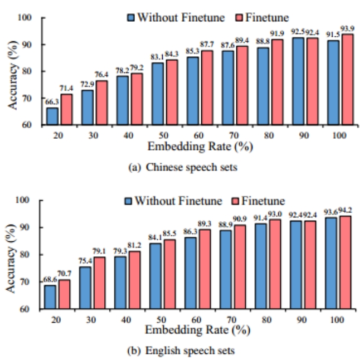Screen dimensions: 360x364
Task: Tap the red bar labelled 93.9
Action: click(347, 80)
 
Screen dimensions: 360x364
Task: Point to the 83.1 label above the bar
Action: click(157, 57)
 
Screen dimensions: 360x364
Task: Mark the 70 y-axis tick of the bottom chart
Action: click(32, 282)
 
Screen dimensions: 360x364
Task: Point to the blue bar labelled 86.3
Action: click(192, 273)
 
